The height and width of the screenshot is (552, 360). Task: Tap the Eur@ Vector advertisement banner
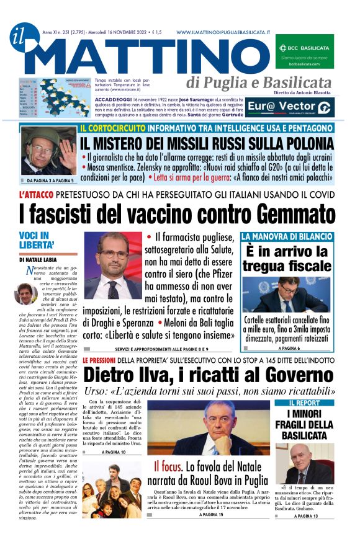[x=299, y=107]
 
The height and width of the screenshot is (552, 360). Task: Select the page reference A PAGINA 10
[x=113, y=453]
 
